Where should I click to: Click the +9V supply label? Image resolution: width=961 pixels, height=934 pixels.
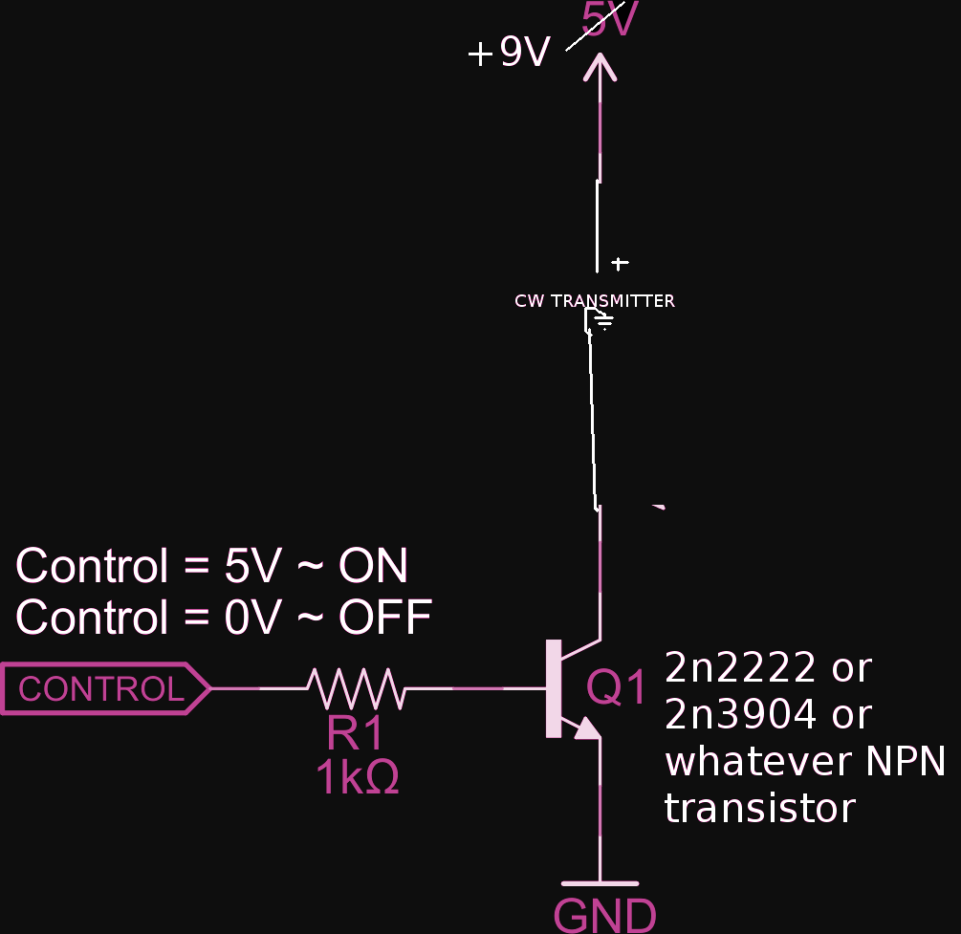click(x=509, y=54)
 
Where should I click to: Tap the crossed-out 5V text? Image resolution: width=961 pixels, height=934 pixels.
click(x=608, y=19)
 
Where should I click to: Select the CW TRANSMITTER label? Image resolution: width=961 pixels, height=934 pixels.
click(x=594, y=301)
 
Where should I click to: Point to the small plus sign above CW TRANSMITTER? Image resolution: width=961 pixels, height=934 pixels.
click(x=620, y=263)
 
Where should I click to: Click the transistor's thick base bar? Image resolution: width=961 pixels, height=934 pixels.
click(x=553, y=688)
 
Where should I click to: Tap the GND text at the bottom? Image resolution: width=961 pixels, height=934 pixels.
click(x=605, y=916)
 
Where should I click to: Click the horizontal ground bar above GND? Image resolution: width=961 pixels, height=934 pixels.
click(x=600, y=883)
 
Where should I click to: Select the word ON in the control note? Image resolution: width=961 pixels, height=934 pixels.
click(x=373, y=567)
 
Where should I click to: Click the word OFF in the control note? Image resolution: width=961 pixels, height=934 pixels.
click(x=384, y=618)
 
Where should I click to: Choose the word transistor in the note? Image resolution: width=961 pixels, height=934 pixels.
click(x=759, y=809)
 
